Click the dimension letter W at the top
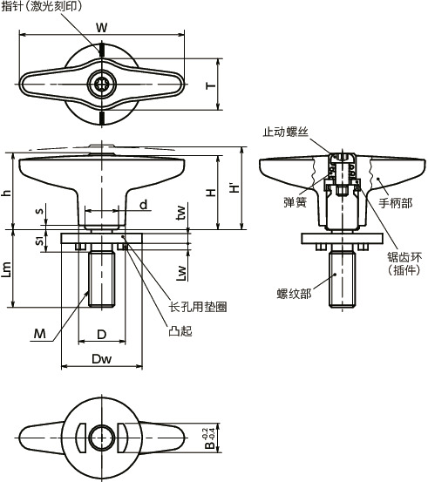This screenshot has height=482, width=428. (x=102, y=27)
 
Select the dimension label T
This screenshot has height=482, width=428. (x=211, y=85)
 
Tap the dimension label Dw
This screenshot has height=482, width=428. (x=102, y=359)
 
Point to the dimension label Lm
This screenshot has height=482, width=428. (x=6, y=269)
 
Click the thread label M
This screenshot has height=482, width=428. (x=40, y=333)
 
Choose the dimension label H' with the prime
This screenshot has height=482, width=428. (x=234, y=187)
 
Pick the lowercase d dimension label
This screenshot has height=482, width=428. (x=144, y=205)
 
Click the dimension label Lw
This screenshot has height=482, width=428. (x=181, y=273)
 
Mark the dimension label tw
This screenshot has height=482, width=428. (x=181, y=213)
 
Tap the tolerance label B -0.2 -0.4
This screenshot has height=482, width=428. (x=210, y=438)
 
